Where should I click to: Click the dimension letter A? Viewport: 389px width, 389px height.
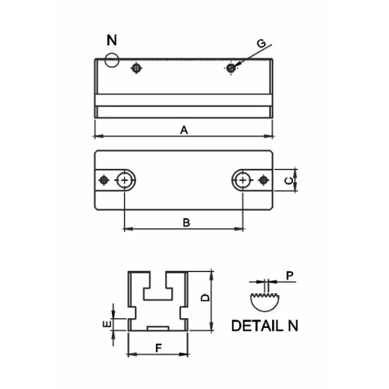[184, 130]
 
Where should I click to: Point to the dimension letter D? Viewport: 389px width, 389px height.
[204, 299]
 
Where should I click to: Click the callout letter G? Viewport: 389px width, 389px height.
[261, 43]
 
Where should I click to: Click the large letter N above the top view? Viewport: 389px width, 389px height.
[112, 41]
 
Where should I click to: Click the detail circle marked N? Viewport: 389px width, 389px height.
[112, 59]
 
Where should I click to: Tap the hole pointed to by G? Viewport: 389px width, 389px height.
[231, 68]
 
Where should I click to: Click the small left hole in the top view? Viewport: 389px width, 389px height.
[136, 69]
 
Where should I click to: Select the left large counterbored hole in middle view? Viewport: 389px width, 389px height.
[125, 180]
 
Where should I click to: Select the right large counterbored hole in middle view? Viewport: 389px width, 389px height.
[243, 180]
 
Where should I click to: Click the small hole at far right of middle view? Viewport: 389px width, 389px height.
[263, 180]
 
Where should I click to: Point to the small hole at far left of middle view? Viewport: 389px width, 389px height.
[104, 180]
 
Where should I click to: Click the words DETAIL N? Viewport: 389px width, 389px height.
[265, 325]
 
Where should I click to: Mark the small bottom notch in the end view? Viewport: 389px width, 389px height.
[157, 327]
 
